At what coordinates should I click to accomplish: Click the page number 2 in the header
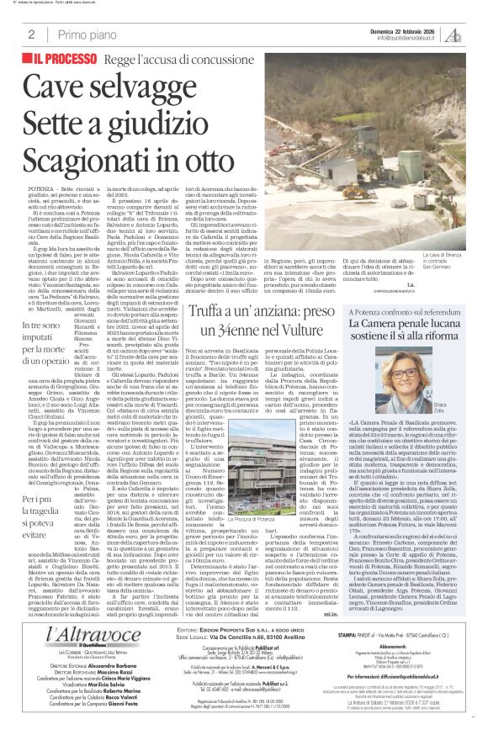coord(31,34)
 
